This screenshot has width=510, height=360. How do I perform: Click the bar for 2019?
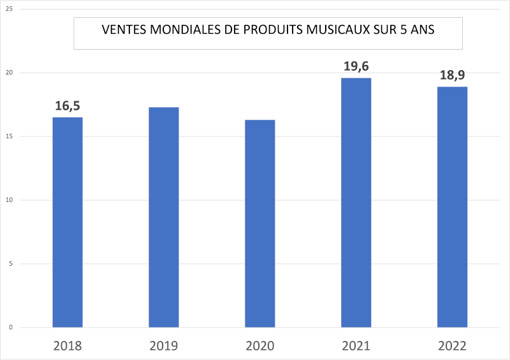point(164,217)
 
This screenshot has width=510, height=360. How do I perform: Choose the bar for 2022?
point(452,206)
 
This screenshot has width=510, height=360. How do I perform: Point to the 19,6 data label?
point(356,66)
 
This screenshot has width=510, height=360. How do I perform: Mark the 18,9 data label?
point(452,75)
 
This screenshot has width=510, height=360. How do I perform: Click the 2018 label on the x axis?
point(68,346)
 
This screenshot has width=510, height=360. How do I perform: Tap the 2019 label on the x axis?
point(164,346)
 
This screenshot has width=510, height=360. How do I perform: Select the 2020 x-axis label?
point(260,346)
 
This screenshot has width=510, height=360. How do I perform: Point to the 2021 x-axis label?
point(356,346)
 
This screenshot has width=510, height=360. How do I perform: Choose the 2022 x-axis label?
point(453,346)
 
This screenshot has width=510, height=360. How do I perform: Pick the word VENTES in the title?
point(123,31)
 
